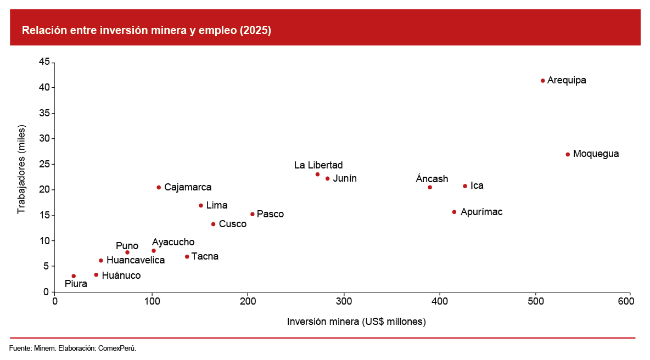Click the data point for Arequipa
(543, 81)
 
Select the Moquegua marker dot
(568, 154)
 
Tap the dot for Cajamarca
(159, 187)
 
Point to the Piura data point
(74, 276)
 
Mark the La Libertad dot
(317, 175)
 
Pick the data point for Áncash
(430, 187)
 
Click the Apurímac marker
(454, 212)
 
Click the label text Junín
(345, 178)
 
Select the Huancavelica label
(136, 260)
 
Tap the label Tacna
(205, 256)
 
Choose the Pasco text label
(270, 214)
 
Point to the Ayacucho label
(173, 242)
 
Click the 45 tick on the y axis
(44, 62)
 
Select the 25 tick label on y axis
(44, 164)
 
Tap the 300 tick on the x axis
(344, 301)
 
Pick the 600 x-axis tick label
(630, 301)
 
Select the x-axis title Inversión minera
(356, 322)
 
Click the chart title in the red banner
(147, 31)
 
